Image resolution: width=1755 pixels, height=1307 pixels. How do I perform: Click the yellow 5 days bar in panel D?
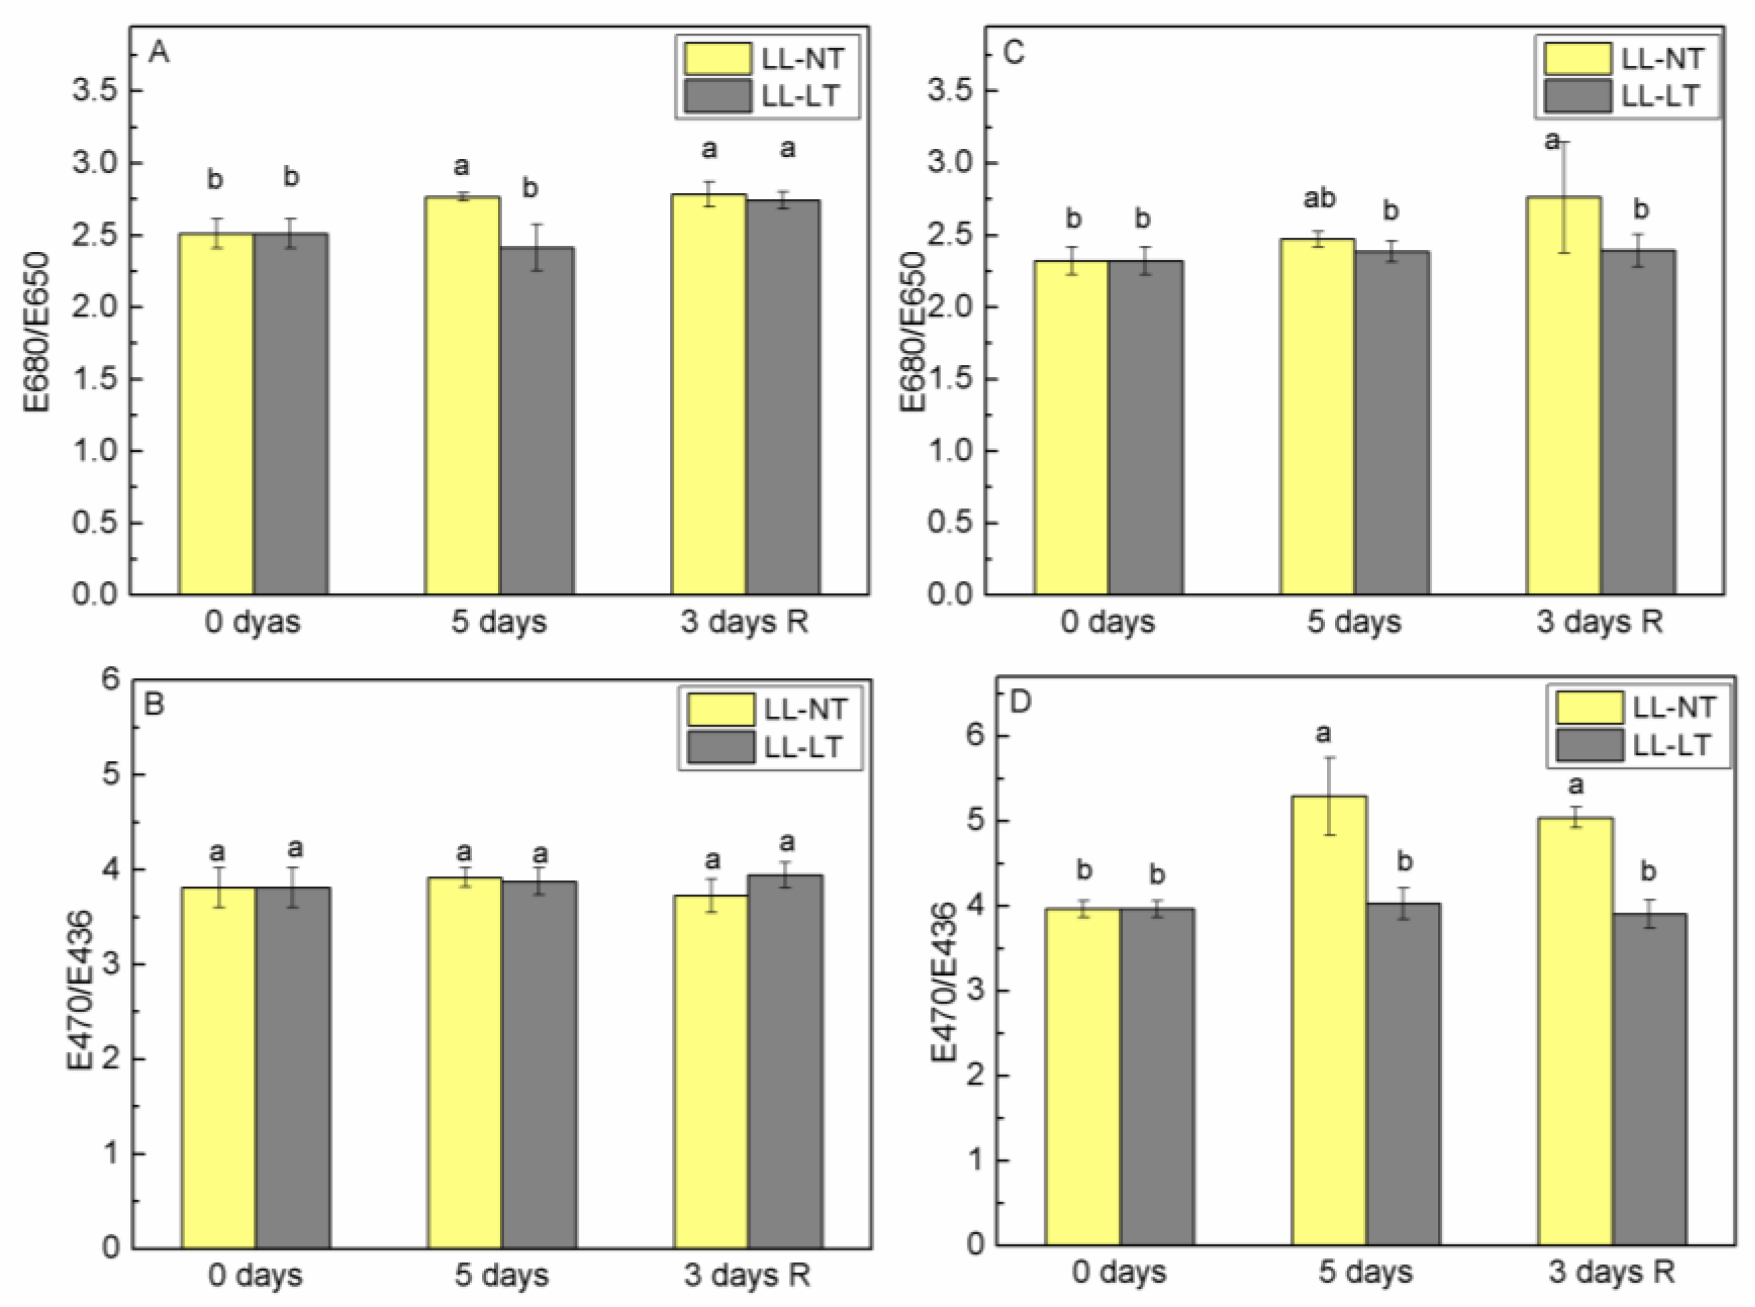click(x=1329, y=1021)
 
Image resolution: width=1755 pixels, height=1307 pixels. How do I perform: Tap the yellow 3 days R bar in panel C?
click(x=1564, y=395)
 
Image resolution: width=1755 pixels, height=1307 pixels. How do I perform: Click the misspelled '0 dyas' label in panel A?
click(x=252, y=622)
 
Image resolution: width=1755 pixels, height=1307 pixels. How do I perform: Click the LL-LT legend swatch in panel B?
click(x=720, y=746)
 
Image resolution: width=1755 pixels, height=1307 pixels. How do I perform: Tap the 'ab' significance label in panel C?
click(x=1318, y=199)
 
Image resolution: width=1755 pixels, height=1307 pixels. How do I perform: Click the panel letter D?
click(x=1021, y=702)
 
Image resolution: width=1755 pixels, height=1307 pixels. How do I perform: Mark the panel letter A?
click(x=159, y=53)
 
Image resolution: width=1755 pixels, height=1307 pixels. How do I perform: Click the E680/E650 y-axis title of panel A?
click(x=36, y=332)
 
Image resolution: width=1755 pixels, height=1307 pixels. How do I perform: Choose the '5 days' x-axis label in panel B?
click(x=501, y=1275)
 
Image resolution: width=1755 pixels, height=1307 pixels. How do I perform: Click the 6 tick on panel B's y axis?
click(x=112, y=679)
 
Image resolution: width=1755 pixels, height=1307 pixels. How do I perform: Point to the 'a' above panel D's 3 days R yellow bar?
click(x=1575, y=786)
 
